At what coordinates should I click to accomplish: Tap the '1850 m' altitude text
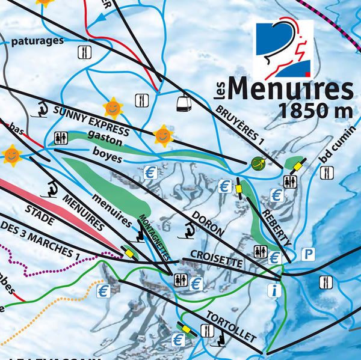313,111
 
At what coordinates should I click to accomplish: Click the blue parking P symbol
308,254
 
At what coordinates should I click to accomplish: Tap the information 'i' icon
274,291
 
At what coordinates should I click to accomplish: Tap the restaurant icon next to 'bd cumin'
327,173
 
